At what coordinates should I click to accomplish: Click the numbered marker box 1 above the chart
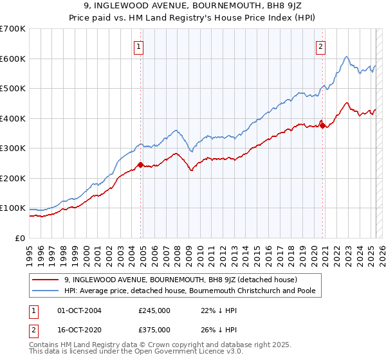click(x=140, y=46)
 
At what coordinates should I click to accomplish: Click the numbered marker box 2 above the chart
click(x=320, y=46)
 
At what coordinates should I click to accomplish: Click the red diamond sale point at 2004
click(x=140, y=165)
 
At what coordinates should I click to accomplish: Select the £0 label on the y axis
click(x=19, y=238)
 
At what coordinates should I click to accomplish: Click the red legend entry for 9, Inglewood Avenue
click(x=180, y=280)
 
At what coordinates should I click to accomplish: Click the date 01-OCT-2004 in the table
click(x=80, y=310)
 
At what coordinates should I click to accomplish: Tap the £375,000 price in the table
click(x=154, y=330)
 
